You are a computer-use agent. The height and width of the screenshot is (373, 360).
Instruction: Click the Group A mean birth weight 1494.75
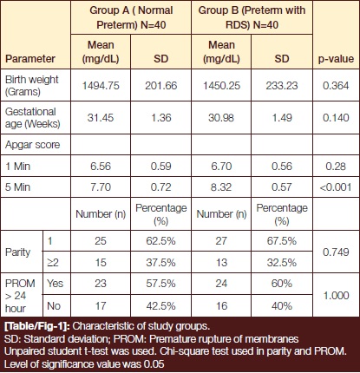(101, 86)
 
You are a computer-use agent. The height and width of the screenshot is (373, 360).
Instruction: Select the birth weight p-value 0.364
(336, 86)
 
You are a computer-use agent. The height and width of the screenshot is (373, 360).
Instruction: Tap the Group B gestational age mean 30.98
(221, 118)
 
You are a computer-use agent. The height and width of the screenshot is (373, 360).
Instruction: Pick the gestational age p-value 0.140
(336, 118)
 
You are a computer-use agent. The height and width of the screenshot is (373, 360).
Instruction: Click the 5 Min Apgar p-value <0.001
(336, 187)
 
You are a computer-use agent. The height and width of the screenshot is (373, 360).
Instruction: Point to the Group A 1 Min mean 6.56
(101, 167)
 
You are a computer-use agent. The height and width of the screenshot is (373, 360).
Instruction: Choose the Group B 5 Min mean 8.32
(221, 187)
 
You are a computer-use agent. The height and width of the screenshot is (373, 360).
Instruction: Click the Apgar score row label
(32, 145)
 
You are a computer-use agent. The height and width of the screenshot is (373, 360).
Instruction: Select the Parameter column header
(30, 59)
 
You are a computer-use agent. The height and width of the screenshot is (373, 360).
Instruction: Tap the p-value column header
(336, 59)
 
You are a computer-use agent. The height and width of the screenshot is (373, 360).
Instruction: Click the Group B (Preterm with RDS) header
(252, 17)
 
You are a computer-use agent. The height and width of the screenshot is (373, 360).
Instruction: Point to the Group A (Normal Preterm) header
(131, 17)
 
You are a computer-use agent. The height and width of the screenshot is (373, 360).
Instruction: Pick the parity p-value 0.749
(336, 252)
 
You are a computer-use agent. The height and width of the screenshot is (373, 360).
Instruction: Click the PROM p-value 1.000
(336, 296)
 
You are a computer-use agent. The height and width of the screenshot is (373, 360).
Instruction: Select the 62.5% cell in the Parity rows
(160, 241)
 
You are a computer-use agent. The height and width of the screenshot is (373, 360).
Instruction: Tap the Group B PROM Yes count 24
(221, 284)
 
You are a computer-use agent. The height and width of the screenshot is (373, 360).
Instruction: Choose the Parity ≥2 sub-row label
(53, 263)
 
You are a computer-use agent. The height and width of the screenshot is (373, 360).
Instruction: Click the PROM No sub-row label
(54, 306)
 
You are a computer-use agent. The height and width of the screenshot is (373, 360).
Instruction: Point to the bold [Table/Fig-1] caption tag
(37, 326)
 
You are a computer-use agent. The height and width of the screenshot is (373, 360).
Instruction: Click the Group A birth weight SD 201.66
(160, 86)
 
